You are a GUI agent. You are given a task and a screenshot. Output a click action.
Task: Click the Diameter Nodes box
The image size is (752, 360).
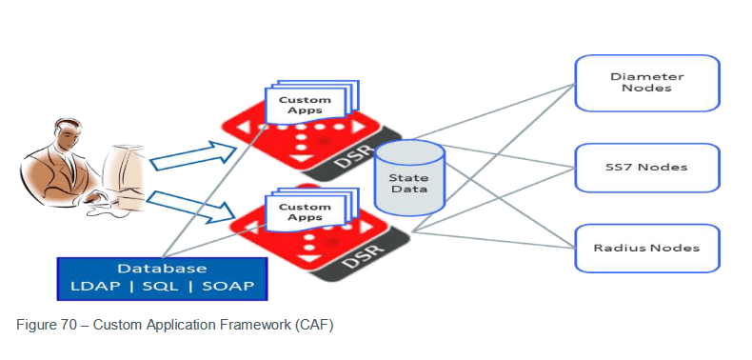(645, 81)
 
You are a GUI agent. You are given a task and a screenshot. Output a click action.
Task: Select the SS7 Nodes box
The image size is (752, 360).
(645, 168)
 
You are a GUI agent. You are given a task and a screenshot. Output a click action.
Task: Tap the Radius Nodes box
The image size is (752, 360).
(645, 248)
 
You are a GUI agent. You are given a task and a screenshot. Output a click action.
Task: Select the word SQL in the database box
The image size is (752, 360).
(163, 288)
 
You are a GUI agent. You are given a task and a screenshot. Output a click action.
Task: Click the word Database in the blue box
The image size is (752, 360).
(162, 269)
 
